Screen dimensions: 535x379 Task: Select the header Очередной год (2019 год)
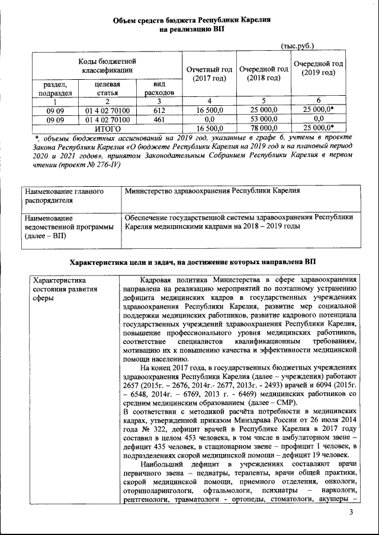(x=319, y=68)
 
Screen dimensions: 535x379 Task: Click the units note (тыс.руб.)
(x=297, y=46)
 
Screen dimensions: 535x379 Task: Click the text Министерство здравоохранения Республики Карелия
(x=212, y=191)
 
